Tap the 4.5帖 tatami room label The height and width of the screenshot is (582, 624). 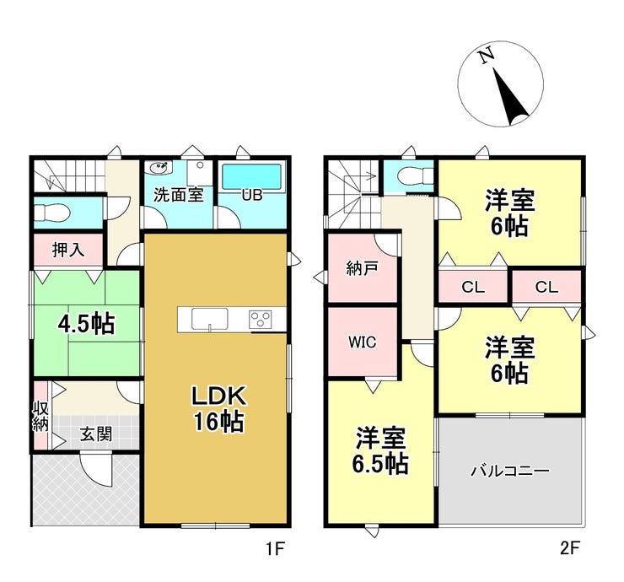86,324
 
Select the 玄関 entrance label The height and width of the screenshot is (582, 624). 96,434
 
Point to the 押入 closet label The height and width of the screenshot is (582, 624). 68,250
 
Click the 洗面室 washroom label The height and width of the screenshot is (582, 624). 178,195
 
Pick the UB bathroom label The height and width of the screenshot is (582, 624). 252,195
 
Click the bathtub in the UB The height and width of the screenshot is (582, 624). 251,177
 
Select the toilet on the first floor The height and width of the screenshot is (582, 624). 52,213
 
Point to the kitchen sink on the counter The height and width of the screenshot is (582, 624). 210,320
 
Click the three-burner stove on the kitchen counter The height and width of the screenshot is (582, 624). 261,320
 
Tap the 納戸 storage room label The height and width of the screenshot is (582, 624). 362,269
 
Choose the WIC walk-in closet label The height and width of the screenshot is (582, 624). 362,342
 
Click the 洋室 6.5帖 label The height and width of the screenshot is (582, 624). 380,450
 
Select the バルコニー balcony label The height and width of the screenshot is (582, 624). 510,471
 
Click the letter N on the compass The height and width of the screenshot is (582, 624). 487,57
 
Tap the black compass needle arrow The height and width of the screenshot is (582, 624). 510,96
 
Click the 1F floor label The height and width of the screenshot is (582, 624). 275,549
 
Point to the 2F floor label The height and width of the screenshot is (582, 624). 569,549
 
